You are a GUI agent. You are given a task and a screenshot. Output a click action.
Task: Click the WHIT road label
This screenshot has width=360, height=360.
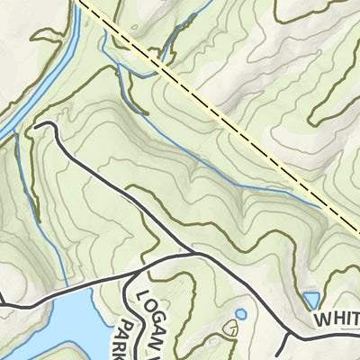point(336,319)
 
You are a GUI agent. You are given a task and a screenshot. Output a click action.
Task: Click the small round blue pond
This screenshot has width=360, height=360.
point(240,314)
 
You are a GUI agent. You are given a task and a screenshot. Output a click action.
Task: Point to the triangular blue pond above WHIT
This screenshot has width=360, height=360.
point(311,299)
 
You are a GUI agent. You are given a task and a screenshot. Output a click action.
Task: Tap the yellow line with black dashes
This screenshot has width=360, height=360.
point(216,108)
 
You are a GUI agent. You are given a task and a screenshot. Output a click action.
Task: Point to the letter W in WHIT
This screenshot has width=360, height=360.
point(321,319)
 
